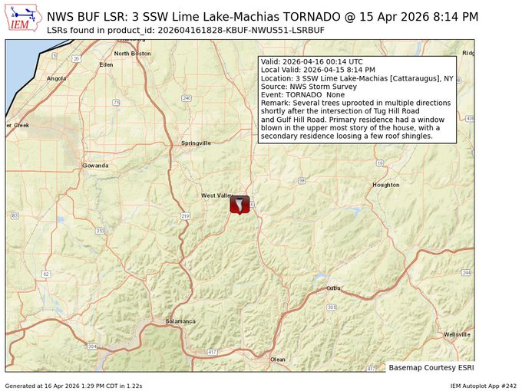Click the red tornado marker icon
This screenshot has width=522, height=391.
click(240, 204)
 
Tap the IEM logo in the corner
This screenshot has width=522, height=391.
click(24, 19)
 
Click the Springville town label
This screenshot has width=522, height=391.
click(196, 143)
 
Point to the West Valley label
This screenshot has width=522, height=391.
click(216, 195)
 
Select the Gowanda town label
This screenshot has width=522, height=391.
click(96, 166)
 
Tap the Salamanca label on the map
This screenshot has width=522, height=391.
click(181, 321)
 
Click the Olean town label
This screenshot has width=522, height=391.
click(277, 359)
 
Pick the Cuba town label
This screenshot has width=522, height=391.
click(333, 288)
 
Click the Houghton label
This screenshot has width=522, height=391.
click(386, 185)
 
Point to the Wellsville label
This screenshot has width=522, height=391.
click(458, 334)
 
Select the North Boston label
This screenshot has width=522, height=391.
click(132, 54)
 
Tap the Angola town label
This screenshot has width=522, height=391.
click(57, 78)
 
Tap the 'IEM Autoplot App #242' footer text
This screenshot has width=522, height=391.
click(483, 385)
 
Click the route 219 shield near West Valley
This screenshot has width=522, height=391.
click(185, 216)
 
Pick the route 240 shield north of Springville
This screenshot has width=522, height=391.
click(187, 98)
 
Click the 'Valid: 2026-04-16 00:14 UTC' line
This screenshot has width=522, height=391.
click(311, 61)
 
